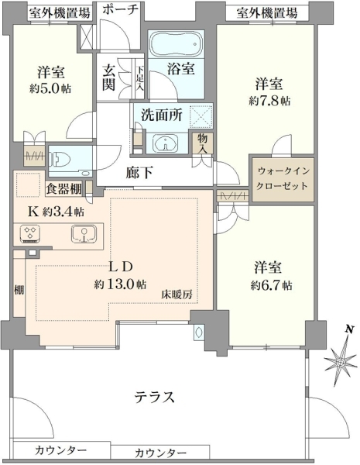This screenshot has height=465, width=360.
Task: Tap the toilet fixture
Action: (x=61, y=160)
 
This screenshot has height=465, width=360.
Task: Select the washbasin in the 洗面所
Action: (x=166, y=143)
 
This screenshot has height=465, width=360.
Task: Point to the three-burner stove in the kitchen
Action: (x=29, y=234)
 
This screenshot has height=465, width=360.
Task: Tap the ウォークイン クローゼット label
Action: (x=282, y=178)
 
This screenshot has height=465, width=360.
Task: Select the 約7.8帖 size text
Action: (x=269, y=102)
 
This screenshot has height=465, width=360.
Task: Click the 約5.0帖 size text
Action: (x=50, y=88)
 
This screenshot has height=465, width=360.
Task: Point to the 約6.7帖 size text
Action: (x=271, y=285)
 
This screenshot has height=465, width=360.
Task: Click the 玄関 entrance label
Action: (x=108, y=77)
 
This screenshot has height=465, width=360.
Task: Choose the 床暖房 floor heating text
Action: (x=177, y=294)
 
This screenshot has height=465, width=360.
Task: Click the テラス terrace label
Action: (x=154, y=397)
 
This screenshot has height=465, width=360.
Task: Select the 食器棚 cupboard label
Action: (x=64, y=188)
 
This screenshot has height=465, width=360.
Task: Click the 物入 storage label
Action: (x=203, y=143)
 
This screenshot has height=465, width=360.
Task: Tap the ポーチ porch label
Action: (x=121, y=9)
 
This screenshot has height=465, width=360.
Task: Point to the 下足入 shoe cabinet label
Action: (x=140, y=78)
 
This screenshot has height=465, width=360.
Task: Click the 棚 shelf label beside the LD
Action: (x=19, y=290)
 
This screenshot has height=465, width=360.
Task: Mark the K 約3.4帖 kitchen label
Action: (x=56, y=212)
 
